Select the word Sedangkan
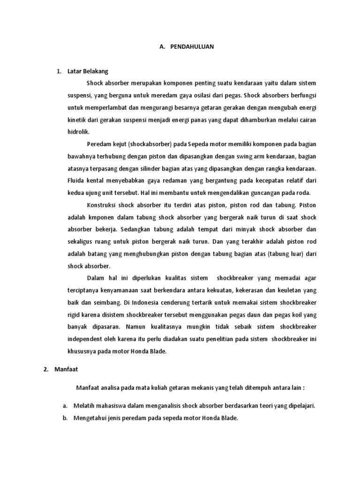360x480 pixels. point(136,230)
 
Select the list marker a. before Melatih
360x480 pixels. point(65,406)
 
